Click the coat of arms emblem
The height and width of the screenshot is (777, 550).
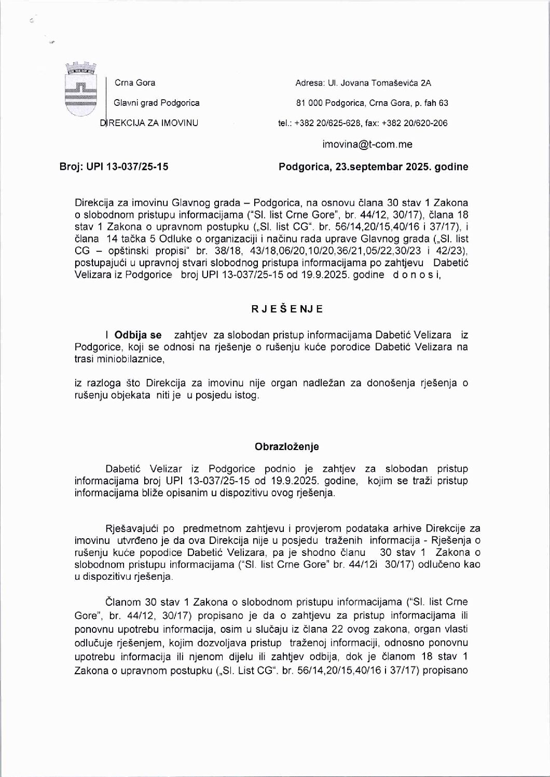click(80, 90)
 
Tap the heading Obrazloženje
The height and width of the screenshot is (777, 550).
click(287, 446)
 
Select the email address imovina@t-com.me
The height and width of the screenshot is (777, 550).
click(367, 144)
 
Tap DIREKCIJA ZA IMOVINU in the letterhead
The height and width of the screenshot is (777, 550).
click(149, 123)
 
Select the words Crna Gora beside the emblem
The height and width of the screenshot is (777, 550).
click(135, 83)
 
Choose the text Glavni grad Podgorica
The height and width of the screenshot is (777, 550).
click(157, 103)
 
